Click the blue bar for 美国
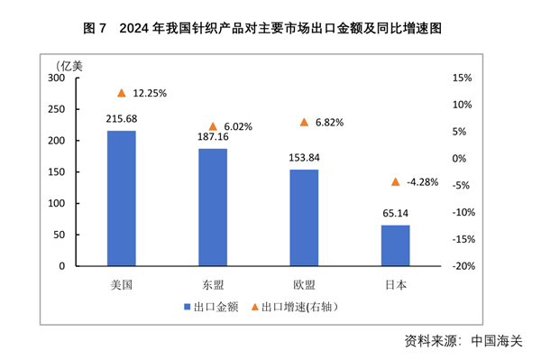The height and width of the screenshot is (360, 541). (122, 198)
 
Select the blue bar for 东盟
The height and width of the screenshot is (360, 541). (213, 208)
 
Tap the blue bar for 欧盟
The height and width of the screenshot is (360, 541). (304, 217)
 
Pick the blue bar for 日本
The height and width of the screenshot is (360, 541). (395, 245)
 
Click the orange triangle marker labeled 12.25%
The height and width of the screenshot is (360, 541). (122, 93)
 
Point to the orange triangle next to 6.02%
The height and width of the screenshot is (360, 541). (213, 127)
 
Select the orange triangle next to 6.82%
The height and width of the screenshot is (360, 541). (304, 122)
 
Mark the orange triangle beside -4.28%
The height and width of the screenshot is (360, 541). (395, 181)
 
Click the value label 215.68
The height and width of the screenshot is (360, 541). (122, 119)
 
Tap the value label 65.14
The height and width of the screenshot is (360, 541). (395, 214)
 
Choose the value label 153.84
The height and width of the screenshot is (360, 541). (304, 158)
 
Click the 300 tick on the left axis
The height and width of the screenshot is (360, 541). (57, 78)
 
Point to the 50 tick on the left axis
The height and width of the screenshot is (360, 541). (60, 235)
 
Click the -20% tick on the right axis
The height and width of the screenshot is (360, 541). (463, 266)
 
